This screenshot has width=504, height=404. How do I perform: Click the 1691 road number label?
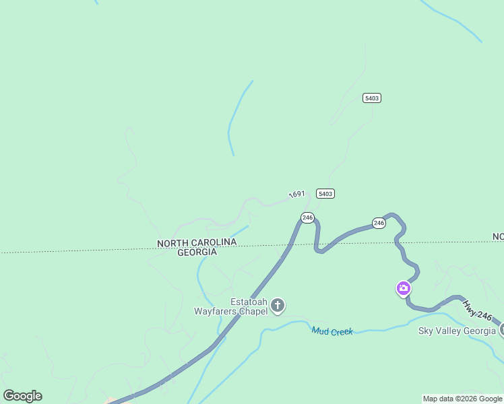(x=297, y=194)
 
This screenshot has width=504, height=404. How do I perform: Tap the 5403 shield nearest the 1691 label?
(x=325, y=193)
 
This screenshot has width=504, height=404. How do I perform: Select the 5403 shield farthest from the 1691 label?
(x=371, y=98)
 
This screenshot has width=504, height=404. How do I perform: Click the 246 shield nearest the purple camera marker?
(x=379, y=223)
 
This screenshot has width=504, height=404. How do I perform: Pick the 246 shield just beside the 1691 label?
(x=307, y=217)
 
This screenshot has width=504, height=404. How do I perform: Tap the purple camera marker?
(x=403, y=289)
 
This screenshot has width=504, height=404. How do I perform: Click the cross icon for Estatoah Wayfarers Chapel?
(x=278, y=306)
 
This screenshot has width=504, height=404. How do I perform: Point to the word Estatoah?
(x=249, y=302)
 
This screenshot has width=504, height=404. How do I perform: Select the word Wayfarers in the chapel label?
(x=218, y=312)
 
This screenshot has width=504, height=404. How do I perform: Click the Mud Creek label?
(x=332, y=331)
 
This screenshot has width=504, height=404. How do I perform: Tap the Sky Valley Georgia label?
(x=457, y=331)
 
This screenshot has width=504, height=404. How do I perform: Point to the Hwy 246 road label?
(x=479, y=313)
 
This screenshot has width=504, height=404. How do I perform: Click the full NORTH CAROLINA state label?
(x=197, y=242)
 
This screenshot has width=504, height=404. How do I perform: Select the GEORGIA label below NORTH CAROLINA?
(x=197, y=252)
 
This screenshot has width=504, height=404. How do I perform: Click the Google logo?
(x=22, y=395)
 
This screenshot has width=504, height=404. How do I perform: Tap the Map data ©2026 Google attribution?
(x=462, y=399)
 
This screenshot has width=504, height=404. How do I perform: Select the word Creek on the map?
(x=342, y=332)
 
